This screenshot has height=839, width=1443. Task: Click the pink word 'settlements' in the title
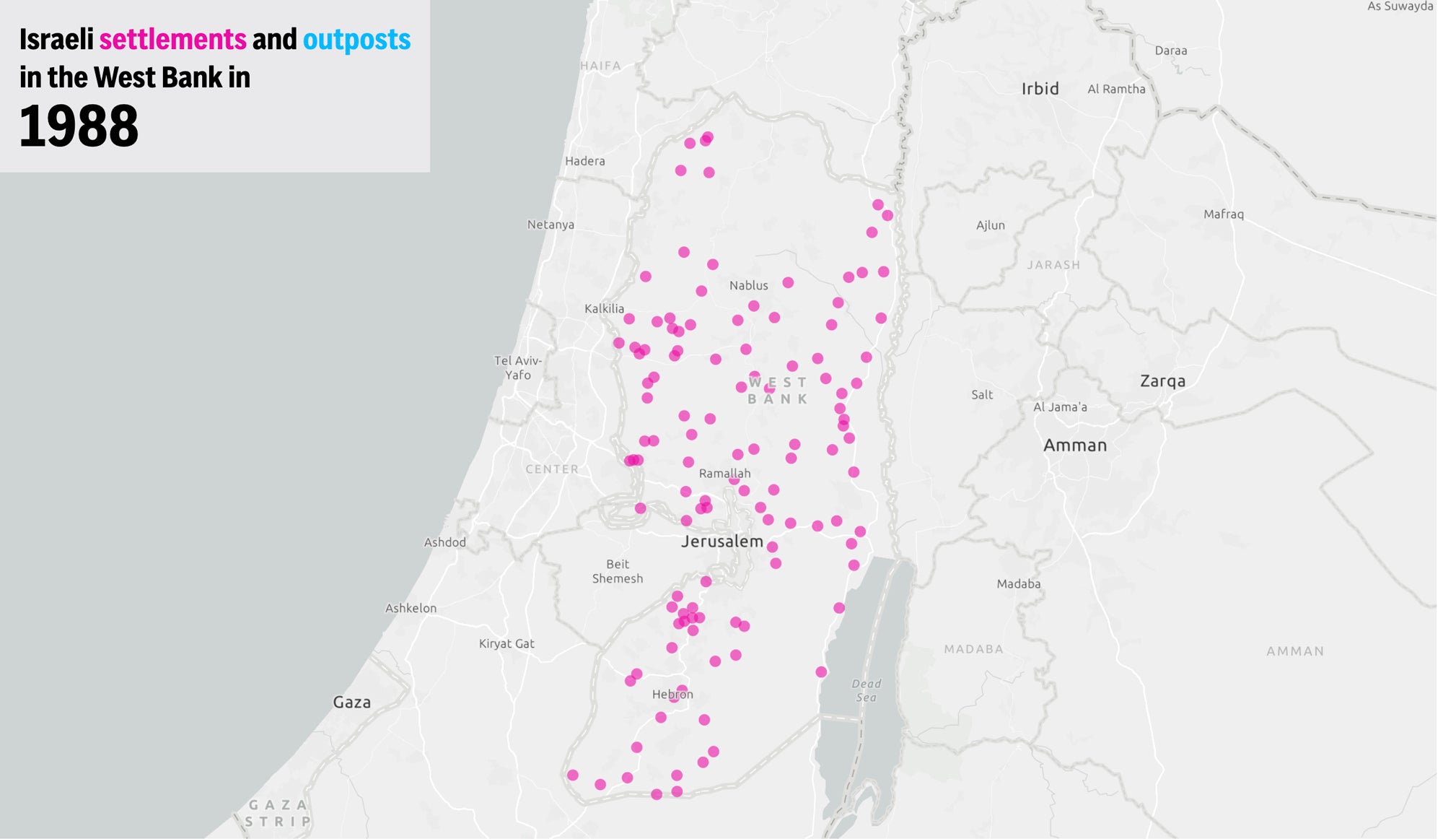(x=172, y=39)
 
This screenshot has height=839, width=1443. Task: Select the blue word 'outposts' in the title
(x=356, y=40)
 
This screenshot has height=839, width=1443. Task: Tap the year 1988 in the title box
(x=79, y=126)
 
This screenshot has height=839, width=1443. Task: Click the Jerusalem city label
(x=721, y=541)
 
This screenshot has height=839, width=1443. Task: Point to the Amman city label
(x=1074, y=445)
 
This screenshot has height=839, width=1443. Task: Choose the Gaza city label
(x=351, y=702)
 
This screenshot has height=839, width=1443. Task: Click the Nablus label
(x=748, y=285)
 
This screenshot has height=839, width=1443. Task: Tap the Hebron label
(x=672, y=694)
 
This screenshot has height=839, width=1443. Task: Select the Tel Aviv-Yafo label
(x=517, y=368)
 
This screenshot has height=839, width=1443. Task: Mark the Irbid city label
(x=1040, y=88)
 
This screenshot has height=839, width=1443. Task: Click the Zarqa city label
(x=1162, y=381)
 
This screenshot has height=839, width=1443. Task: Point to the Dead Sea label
(x=866, y=690)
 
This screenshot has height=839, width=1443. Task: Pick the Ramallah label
(x=724, y=473)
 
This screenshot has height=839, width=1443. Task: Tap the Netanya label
(x=551, y=225)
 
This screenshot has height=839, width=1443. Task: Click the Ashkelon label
(x=411, y=608)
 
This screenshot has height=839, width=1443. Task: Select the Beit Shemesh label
(x=617, y=571)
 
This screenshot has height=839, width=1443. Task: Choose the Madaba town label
(x=1018, y=583)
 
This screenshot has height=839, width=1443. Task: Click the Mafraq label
(x=1223, y=214)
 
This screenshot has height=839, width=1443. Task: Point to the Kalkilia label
(x=604, y=308)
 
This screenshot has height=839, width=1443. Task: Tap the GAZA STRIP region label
(x=278, y=813)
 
